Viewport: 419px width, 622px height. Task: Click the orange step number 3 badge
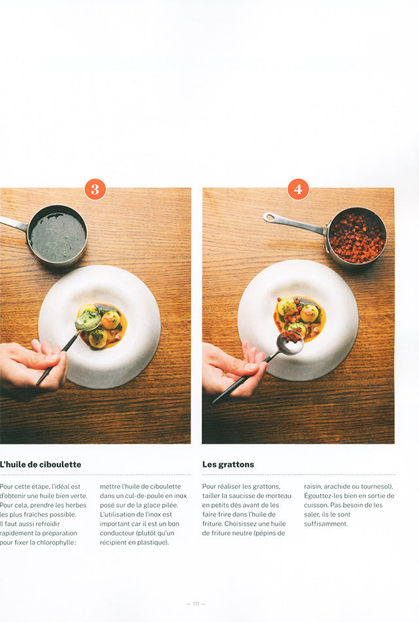(x=95, y=189)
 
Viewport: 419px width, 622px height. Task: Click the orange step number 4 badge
(x=298, y=189)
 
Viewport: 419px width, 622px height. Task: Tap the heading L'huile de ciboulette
(x=40, y=464)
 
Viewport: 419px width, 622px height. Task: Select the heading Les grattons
(x=228, y=464)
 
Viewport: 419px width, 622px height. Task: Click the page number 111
(x=196, y=604)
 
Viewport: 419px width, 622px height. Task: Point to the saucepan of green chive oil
(x=52, y=235)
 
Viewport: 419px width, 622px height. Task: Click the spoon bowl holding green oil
(x=88, y=320)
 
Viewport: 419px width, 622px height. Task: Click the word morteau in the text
(x=279, y=496)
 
